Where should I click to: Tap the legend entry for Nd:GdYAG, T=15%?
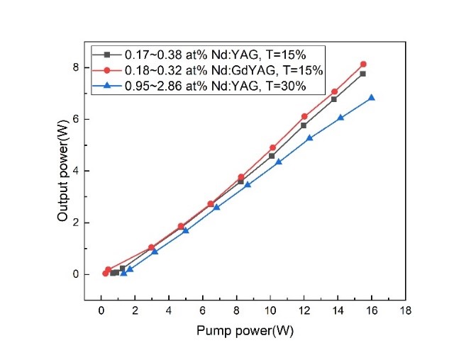tap(224, 70)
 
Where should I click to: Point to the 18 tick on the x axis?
tap(405, 309)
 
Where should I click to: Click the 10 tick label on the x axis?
tap(270, 309)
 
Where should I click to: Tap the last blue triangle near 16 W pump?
tap(371, 98)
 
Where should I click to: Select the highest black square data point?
tap(362, 74)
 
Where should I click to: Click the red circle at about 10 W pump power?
tap(272, 148)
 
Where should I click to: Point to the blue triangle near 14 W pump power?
tap(340, 118)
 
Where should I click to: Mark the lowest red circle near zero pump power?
tap(105, 273)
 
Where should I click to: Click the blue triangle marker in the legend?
tap(107, 86)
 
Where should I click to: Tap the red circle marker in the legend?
tap(107, 70)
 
